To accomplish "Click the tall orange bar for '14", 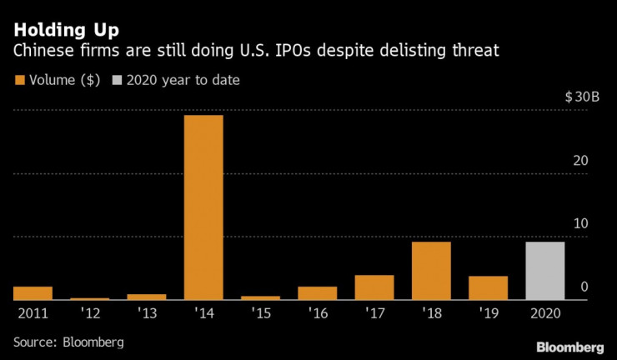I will pos(203,207).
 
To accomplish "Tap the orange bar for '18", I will pos(431,271).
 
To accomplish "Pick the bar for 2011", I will pos(33,292).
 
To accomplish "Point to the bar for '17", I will pos(374,287).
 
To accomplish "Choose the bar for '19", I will pos(488,287).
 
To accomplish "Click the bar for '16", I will pos(318,292).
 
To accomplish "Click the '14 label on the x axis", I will pos(203,313).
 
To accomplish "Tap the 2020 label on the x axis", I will pos(544,313).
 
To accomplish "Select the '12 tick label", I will pos(90,313).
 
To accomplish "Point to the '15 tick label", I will pos(261,313).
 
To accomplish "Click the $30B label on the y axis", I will pos(582,97).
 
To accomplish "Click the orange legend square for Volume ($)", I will pos(19,80).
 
